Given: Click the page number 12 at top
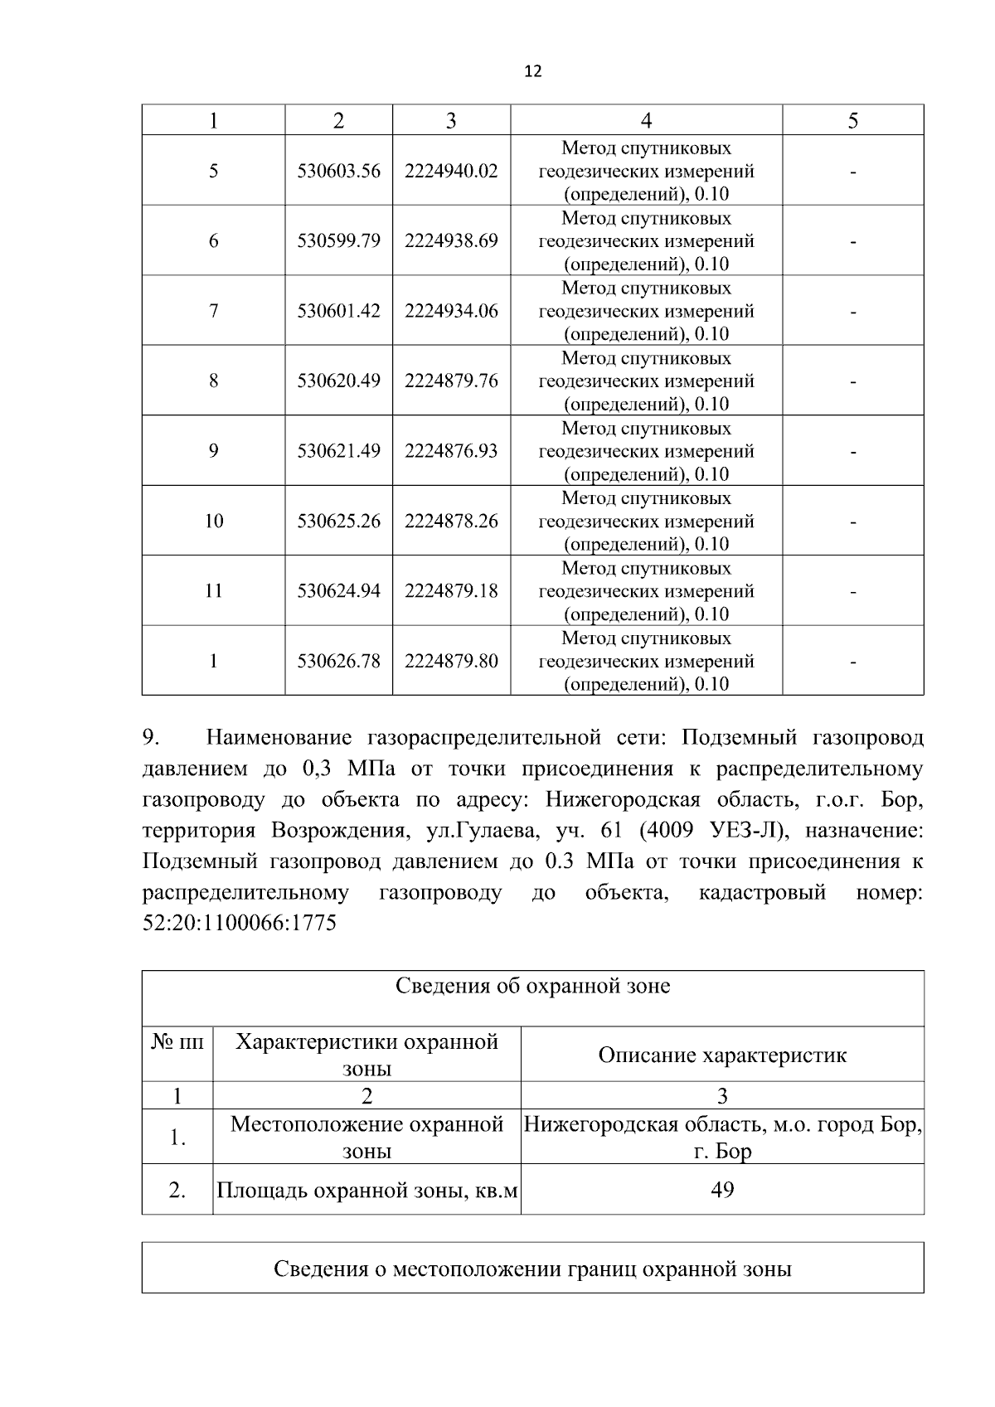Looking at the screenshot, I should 533,72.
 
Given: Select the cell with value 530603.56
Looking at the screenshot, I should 338,171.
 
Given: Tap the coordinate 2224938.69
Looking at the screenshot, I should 451,241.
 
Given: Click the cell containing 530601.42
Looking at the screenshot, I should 338,311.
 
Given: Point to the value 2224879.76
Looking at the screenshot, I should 451,381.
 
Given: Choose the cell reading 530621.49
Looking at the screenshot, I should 338,451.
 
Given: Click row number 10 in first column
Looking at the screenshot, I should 213,521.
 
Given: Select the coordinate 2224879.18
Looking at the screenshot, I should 451,591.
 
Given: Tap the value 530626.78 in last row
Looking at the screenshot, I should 338,661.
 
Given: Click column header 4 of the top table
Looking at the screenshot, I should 646,121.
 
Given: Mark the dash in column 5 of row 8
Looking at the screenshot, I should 852,382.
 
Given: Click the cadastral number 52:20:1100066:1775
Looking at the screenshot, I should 240,924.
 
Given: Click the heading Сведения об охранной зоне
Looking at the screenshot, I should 532,987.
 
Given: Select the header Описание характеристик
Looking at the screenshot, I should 722,1055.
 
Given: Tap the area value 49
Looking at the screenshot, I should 722,1191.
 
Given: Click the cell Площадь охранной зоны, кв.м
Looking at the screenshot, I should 366,1191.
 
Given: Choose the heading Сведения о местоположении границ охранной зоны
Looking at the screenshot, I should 532,1269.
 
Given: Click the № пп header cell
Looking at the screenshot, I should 177,1042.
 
